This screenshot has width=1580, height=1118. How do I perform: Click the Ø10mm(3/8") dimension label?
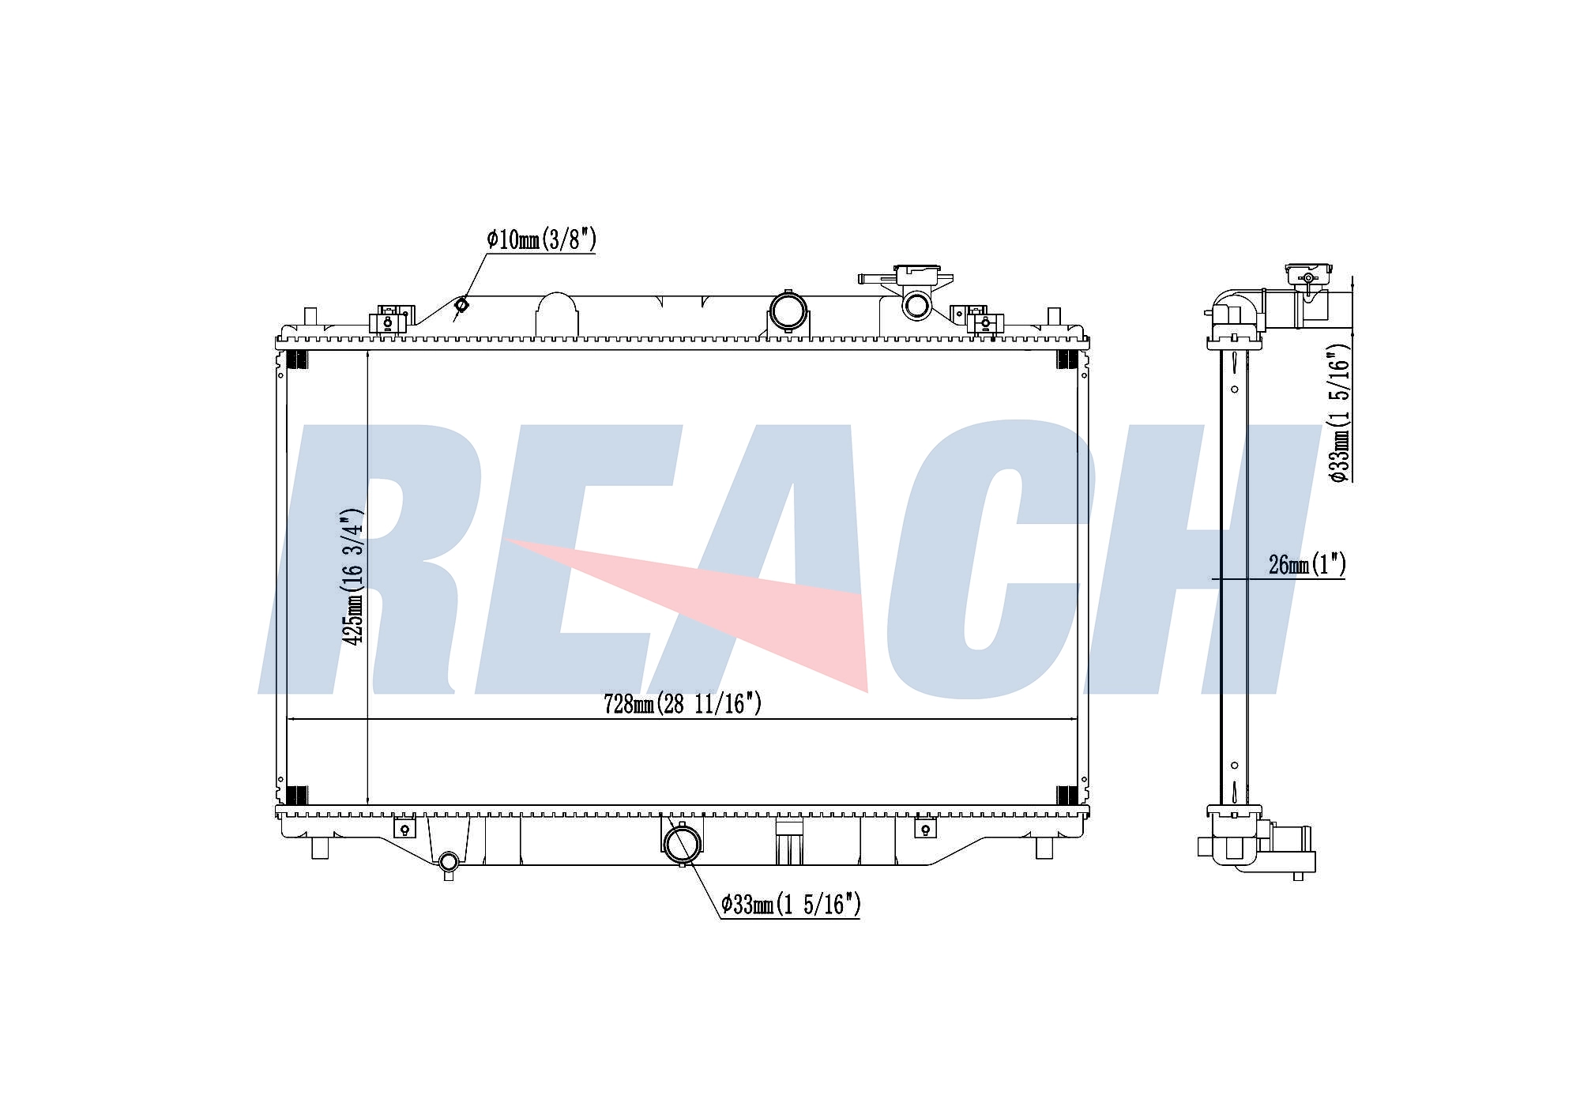coord(541,239)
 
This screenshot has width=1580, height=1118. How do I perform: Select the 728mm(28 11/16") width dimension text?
coord(683,703)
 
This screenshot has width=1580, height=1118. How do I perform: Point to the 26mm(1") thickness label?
coord(1307,565)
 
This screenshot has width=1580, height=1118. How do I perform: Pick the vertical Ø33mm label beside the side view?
coord(1340,412)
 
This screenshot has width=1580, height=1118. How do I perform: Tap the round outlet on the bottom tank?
coord(681,845)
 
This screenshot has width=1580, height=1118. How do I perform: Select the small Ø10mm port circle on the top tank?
coord(462,304)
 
